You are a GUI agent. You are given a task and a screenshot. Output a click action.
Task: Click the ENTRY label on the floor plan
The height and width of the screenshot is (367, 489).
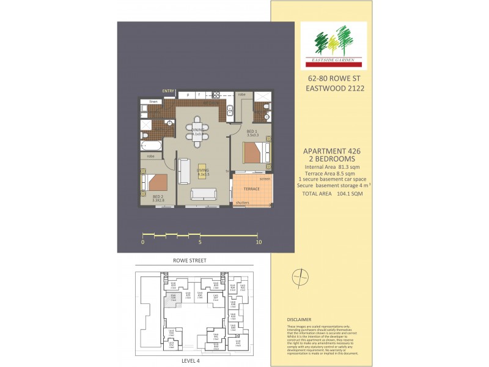[x=168, y=91]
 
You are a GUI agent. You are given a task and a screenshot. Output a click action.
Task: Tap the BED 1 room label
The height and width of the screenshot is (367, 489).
[x=251, y=132]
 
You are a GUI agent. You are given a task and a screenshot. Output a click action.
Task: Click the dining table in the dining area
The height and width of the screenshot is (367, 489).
[x=197, y=131]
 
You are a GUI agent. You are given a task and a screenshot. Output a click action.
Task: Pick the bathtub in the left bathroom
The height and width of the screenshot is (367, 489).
[x=150, y=146]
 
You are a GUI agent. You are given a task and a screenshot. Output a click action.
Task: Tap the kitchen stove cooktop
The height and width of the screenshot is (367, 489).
[x=216, y=95]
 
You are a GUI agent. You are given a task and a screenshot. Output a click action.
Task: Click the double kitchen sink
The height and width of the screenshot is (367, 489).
[x=230, y=111]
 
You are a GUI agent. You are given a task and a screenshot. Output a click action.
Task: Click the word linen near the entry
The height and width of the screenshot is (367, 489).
[x=153, y=102]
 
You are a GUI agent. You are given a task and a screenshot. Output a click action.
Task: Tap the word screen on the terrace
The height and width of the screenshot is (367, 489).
[x=265, y=179]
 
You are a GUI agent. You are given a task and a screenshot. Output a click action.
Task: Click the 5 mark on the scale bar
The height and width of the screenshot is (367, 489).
[x=200, y=242]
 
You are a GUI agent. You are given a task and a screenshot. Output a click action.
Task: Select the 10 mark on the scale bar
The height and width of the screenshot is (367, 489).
[x=259, y=242]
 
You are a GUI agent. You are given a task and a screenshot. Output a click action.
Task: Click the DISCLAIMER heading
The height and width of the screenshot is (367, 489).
[x=299, y=319]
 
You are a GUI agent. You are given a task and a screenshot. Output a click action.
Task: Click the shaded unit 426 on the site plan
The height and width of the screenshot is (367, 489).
[x=173, y=299]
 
